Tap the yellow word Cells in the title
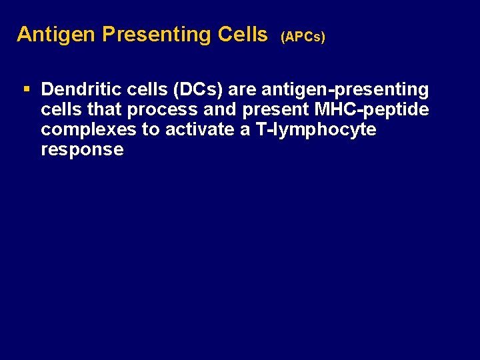pyautogui.click(x=243, y=35)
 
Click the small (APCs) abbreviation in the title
pyautogui.click(x=303, y=37)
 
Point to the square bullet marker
pyautogui.click(x=26, y=89)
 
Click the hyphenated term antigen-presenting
pyautogui.click(x=345, y=89)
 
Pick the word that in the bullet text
pyautogui.click(x=101, y=109)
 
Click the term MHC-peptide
pyautogui.click(x=372, y=109)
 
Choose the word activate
pyautogui.click(x=197, y=129)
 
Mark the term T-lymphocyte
pyautogui.click(x=315, y=129)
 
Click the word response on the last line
pyautogui.click(x=82, y=149)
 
